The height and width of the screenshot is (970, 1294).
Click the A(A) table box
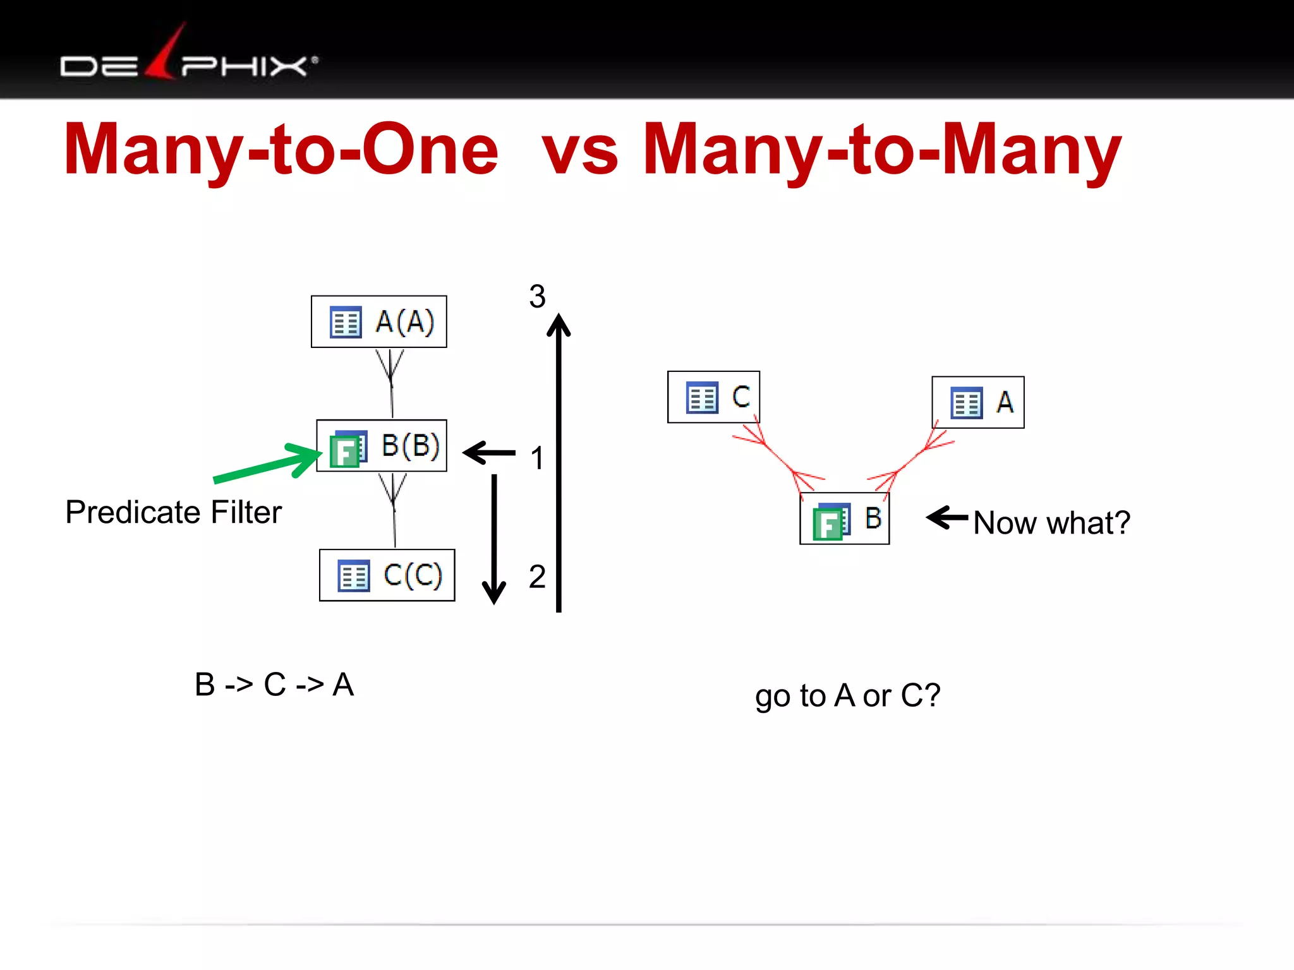tap(378, 321)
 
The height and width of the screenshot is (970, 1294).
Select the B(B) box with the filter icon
tap(382, 446)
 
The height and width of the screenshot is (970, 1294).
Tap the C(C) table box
tap(387, 575)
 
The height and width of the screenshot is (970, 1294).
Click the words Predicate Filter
tap(173, 512)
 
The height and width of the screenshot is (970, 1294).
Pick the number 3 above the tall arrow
tap(537, 296)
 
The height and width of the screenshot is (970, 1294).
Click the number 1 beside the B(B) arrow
tap(537, 458)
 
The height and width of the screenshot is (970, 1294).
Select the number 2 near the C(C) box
tap(537, 577)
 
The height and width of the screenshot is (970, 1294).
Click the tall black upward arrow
tap(559, 461)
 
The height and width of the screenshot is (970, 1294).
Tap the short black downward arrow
tap(494, 537)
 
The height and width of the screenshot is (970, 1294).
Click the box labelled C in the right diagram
tap(713, 397)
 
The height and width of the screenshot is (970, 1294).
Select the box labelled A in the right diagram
tap(978, 402)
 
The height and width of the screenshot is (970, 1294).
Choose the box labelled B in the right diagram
tap(844, 518)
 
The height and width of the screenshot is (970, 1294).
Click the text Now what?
tap(1051, 523)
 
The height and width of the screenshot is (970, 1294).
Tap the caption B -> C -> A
tap(274, 685)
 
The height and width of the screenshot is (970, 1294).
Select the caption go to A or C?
tap(847, 696)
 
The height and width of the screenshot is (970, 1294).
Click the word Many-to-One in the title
tap(281, 150)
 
